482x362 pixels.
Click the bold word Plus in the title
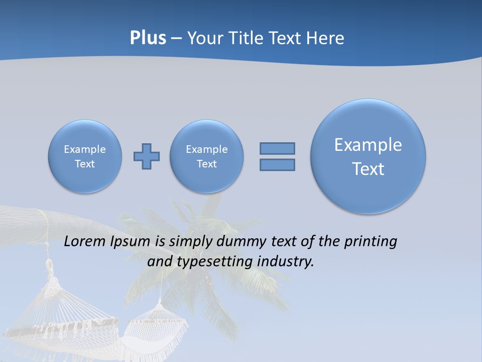pos(148,38)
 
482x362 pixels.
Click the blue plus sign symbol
pos(147,156)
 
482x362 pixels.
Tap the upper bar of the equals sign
pos(277,148)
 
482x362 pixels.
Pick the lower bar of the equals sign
pos(277,164)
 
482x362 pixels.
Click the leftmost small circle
pos(85,156)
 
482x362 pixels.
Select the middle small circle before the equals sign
pos(207,156)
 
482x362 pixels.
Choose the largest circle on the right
pos(368,156)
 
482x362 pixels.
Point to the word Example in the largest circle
pos(368,145)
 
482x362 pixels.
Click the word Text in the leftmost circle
pos(85,164)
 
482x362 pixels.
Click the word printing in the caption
pos(370,242)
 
